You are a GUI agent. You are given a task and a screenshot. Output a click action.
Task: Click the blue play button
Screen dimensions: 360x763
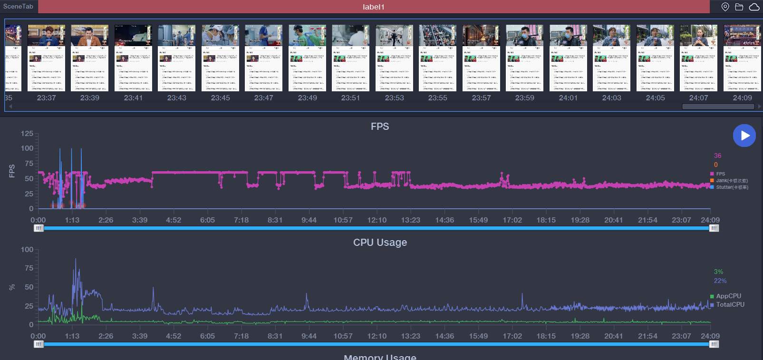744,136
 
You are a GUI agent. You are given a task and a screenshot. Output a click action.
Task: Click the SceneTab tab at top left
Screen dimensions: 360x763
19,6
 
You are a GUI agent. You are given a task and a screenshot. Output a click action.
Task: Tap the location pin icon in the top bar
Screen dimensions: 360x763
725,7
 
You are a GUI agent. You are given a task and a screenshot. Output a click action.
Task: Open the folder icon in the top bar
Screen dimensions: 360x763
739,7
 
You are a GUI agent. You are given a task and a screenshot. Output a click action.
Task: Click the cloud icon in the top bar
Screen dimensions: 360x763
754,7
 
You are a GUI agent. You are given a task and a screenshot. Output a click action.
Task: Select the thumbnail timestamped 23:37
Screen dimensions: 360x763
47,58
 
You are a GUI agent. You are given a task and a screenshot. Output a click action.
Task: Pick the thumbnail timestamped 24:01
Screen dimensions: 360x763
568,58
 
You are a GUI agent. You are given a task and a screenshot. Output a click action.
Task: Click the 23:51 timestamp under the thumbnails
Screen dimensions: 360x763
350,98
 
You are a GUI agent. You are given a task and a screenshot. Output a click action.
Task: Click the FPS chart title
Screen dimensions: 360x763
380,126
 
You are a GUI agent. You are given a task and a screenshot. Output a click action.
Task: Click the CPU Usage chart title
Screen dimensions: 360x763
380,243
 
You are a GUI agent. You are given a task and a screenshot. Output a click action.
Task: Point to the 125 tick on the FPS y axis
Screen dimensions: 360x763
27,134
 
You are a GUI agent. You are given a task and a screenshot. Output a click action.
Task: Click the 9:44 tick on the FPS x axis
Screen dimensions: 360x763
309,220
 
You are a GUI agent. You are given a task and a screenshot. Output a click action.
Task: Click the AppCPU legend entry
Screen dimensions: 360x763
728,296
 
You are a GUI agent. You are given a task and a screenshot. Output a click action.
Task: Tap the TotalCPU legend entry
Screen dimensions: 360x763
730,305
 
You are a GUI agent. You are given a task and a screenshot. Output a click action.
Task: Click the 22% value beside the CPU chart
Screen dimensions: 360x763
720,281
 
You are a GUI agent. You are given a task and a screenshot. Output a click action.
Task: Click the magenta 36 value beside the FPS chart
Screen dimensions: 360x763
718,156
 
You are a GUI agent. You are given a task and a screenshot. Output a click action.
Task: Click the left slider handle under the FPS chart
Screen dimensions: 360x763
39,228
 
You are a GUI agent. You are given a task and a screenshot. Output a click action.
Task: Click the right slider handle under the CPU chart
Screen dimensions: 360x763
714,344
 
